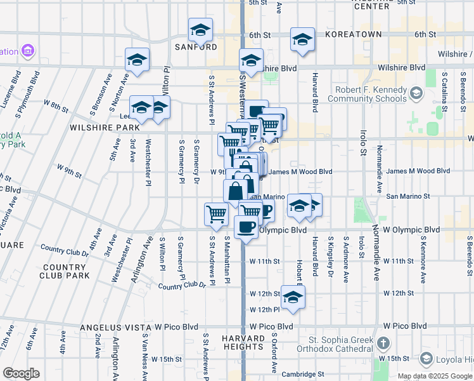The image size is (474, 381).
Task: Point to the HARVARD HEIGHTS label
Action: coord(243,342)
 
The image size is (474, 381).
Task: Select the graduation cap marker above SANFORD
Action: coord(200,29)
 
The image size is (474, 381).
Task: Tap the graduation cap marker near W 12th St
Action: coord(292,297)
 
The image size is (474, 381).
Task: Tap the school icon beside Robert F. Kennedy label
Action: coord(416,94)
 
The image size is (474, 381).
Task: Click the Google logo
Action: coord(21,373)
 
